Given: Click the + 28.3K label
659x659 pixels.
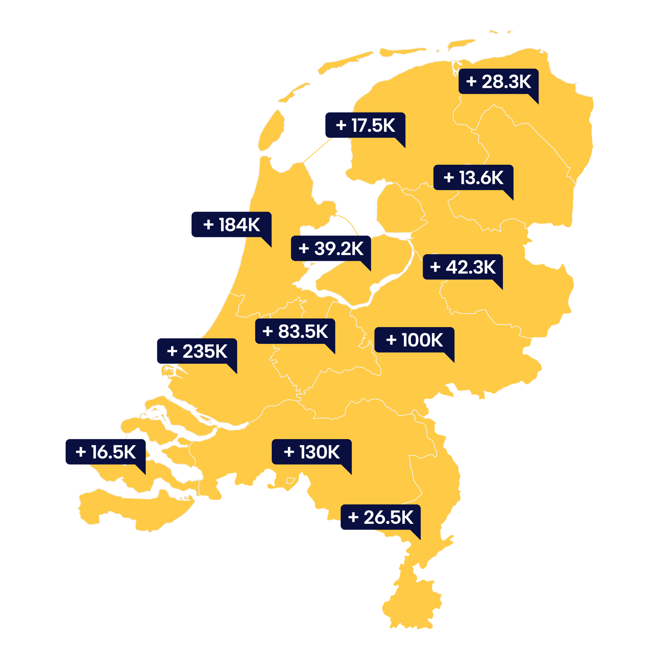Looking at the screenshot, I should pos(498,81).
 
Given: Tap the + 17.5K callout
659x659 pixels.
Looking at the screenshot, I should pos(365,125).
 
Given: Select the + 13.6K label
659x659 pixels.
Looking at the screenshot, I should pos(473,177).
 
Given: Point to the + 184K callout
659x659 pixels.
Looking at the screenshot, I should pos(231,224).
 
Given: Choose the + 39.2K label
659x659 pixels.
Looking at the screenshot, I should pos(331,248).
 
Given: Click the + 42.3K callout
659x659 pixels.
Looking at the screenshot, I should pos(463,267).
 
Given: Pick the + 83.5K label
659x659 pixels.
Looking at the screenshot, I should pos(295,331).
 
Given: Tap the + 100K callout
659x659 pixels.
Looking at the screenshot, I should pos(414,340).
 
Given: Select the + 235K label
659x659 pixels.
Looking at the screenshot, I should pos(197,351).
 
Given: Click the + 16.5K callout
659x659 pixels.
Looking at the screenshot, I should pos(106,452).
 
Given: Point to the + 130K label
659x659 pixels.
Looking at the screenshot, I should pos(312,452).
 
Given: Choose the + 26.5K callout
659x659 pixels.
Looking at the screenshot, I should pos(380,517).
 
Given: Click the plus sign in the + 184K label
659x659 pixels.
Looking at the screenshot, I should pos(208,225).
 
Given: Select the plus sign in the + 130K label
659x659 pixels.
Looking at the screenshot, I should pos(289,452).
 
